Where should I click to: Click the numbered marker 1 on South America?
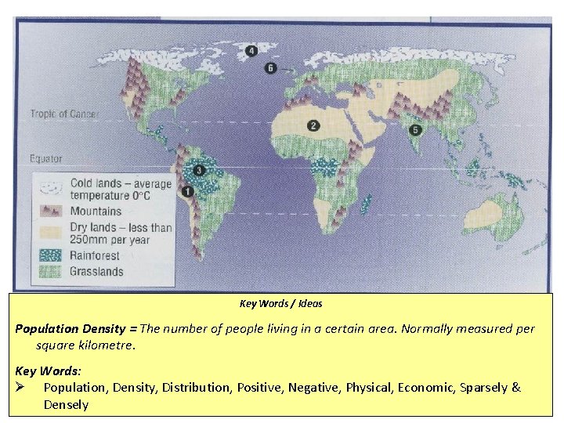188,191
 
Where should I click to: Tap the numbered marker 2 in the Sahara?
313,125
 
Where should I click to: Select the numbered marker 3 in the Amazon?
199,169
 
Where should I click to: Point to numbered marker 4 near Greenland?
251,52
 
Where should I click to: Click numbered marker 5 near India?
415,130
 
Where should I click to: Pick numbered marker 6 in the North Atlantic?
271,69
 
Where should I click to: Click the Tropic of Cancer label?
64,114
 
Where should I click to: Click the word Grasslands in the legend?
97,272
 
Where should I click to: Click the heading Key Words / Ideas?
280,304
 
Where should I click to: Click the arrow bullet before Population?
21,388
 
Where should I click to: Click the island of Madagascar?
366,204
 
